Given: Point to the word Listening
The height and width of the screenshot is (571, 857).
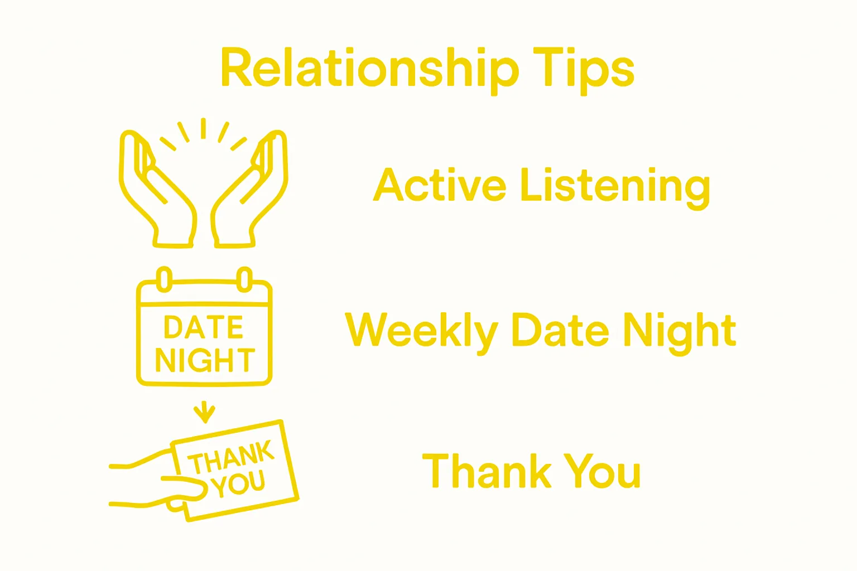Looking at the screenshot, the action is coord(615,187).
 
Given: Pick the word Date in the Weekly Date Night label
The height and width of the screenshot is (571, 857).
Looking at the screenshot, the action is coord(560,330).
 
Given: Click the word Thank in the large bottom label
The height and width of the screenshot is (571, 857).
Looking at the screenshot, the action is coord(487,471).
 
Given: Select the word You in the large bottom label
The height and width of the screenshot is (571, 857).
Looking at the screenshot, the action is coord(603,471).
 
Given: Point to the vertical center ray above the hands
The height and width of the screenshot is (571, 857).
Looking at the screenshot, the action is coord(204,128).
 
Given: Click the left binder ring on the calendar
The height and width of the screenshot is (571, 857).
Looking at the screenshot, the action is coord(164,279).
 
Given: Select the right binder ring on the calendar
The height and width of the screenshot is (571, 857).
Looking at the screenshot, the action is coord(244,279).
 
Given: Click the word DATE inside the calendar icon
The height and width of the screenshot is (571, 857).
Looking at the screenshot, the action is coord(203,327).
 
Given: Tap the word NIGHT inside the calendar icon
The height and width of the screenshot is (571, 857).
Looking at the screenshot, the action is coord(205,360).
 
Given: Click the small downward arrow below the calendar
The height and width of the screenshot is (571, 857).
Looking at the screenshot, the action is coord(204,412).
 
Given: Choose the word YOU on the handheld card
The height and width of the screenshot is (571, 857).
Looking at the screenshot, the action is coord(238,484).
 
